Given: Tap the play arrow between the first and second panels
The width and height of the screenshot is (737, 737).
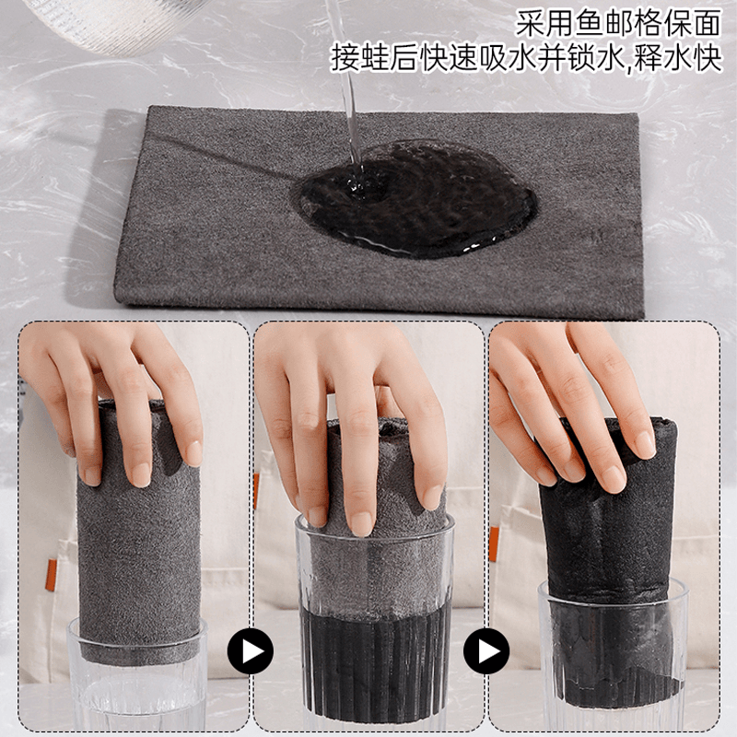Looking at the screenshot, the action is [250, 651].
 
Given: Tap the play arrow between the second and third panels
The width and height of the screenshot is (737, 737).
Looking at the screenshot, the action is [486, 651].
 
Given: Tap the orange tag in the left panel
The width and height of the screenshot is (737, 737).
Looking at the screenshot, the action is [51, 574].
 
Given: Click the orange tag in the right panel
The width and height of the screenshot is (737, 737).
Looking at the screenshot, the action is [494, 544].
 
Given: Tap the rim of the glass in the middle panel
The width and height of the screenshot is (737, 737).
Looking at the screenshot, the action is [375, 522].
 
